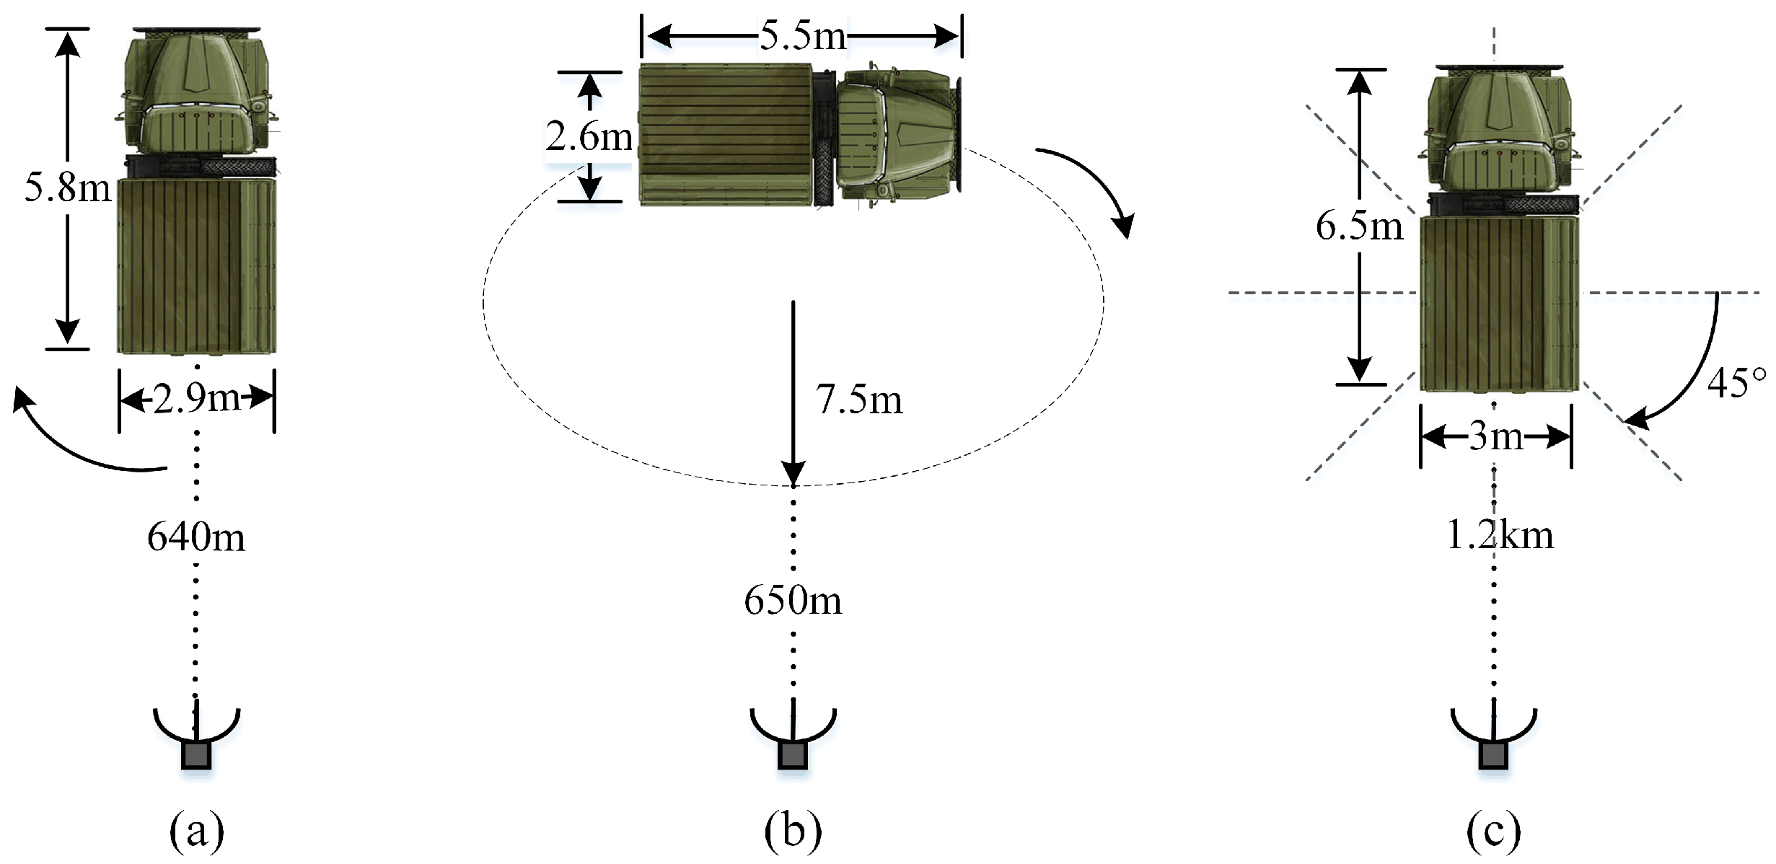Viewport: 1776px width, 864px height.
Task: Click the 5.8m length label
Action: [x=68, y=188]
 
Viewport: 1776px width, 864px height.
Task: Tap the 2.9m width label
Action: [x=196, y=398]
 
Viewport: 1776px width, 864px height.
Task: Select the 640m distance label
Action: [x=195, y=537]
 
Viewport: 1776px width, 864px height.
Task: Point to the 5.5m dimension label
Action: [x=802, y=35]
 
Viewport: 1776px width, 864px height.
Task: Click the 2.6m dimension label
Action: [x=589, y=136]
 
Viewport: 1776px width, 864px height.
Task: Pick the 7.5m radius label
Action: [x=858, y=400]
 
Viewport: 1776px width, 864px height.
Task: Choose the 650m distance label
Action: [x=793, y=600]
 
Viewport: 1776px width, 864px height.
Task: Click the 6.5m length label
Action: [x=1359, y=226]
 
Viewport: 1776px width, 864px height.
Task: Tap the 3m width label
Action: [x=1495, y=436]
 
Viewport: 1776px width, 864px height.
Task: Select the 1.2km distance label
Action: [x=1500, y=535]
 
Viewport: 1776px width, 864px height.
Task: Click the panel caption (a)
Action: [x=196, y=830]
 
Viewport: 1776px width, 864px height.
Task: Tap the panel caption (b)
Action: [x=793, y=830]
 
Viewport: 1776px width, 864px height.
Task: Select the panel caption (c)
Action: [x=1493, y=830]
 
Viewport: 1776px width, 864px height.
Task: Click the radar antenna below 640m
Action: [x=196, y=739]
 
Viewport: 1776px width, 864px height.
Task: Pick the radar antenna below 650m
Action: [x=793, y=739]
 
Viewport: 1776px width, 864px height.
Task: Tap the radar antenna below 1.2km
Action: [x=1493, y=739]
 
